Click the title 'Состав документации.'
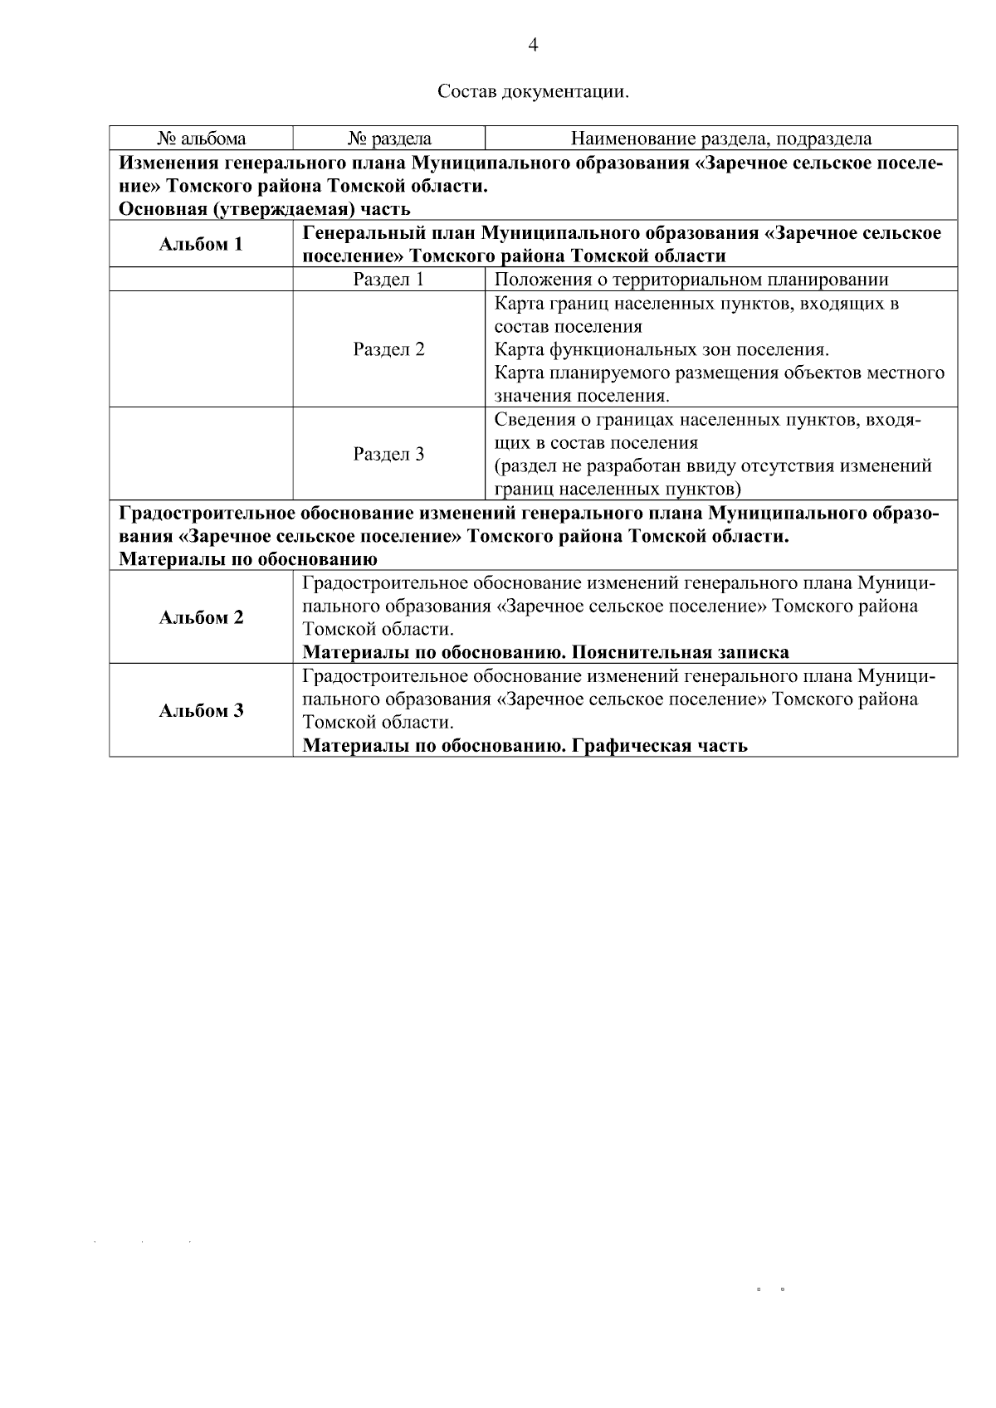tap(533, 91)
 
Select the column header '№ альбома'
tap(202, 139)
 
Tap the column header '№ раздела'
tap(388, 139)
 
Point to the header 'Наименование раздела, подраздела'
tap(720, 139)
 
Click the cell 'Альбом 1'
tap(202, 244)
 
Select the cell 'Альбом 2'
tap(202, 617)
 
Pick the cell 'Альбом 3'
tap(202, 710)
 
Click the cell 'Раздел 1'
tap(388, 280)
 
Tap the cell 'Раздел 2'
tap(388, 349)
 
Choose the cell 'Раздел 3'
tap(388, 454)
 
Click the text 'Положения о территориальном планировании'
tap(691, 280)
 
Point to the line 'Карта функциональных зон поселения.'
tap(662, 349)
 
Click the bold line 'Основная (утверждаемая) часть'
tap(265, 209)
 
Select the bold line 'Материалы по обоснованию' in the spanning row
tap(248, 559)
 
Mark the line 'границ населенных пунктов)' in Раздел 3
tap(618, 488)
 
